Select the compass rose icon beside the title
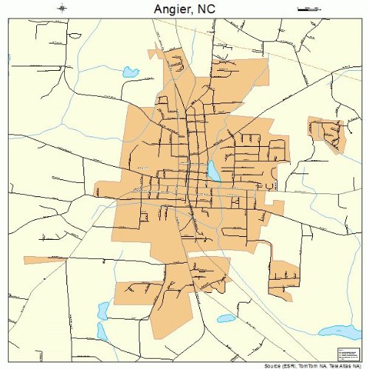tap(62, 8)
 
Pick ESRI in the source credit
tap(281, 365)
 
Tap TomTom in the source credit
tap(301, 365)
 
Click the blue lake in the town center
tap(213, 171)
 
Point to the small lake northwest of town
tap(131, 72)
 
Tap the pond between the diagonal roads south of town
tap(226, 319)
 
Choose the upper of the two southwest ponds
tap(104, 310)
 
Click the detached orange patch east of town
tap(328, 133)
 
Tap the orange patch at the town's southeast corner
tap(284, 277)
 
